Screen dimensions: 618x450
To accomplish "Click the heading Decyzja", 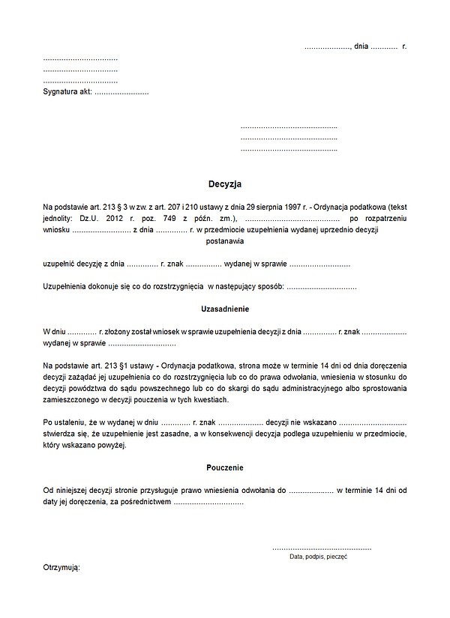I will (x=225, y=184).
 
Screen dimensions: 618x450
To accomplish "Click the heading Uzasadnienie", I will (x=225, y=309).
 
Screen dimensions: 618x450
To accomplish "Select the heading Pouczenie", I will (x=225, y=467).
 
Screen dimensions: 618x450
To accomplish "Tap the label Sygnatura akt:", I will (x=67, y=92).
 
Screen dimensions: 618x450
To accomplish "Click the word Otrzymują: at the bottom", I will (x=61, y=568).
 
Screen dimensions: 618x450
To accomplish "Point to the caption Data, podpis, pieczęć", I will (x=318, y=557).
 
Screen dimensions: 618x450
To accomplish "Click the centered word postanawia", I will (x=225, y=242).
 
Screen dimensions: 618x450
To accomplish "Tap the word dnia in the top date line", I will (x=361, y=47).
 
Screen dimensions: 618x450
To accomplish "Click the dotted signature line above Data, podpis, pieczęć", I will (x=321, y=548).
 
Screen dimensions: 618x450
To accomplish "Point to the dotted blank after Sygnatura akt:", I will (x=121, y=92).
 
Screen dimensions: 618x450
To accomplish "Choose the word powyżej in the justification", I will (x=110, y=446).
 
